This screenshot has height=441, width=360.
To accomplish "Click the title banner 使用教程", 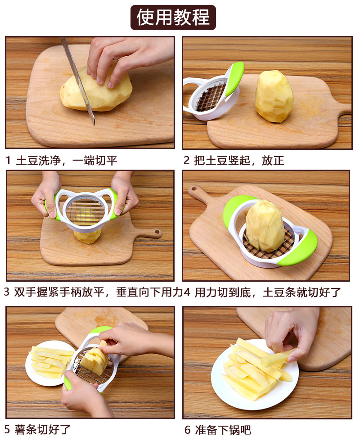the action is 173,18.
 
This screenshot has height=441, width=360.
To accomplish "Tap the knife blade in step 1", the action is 78,81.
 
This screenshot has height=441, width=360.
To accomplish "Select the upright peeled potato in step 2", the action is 274,96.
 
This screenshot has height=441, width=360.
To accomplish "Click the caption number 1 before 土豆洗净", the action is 8,161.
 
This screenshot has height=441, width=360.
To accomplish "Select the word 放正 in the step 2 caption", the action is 273,161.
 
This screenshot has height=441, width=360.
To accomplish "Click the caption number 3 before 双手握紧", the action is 7,292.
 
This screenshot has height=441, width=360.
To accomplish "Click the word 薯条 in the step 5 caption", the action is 26,429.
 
